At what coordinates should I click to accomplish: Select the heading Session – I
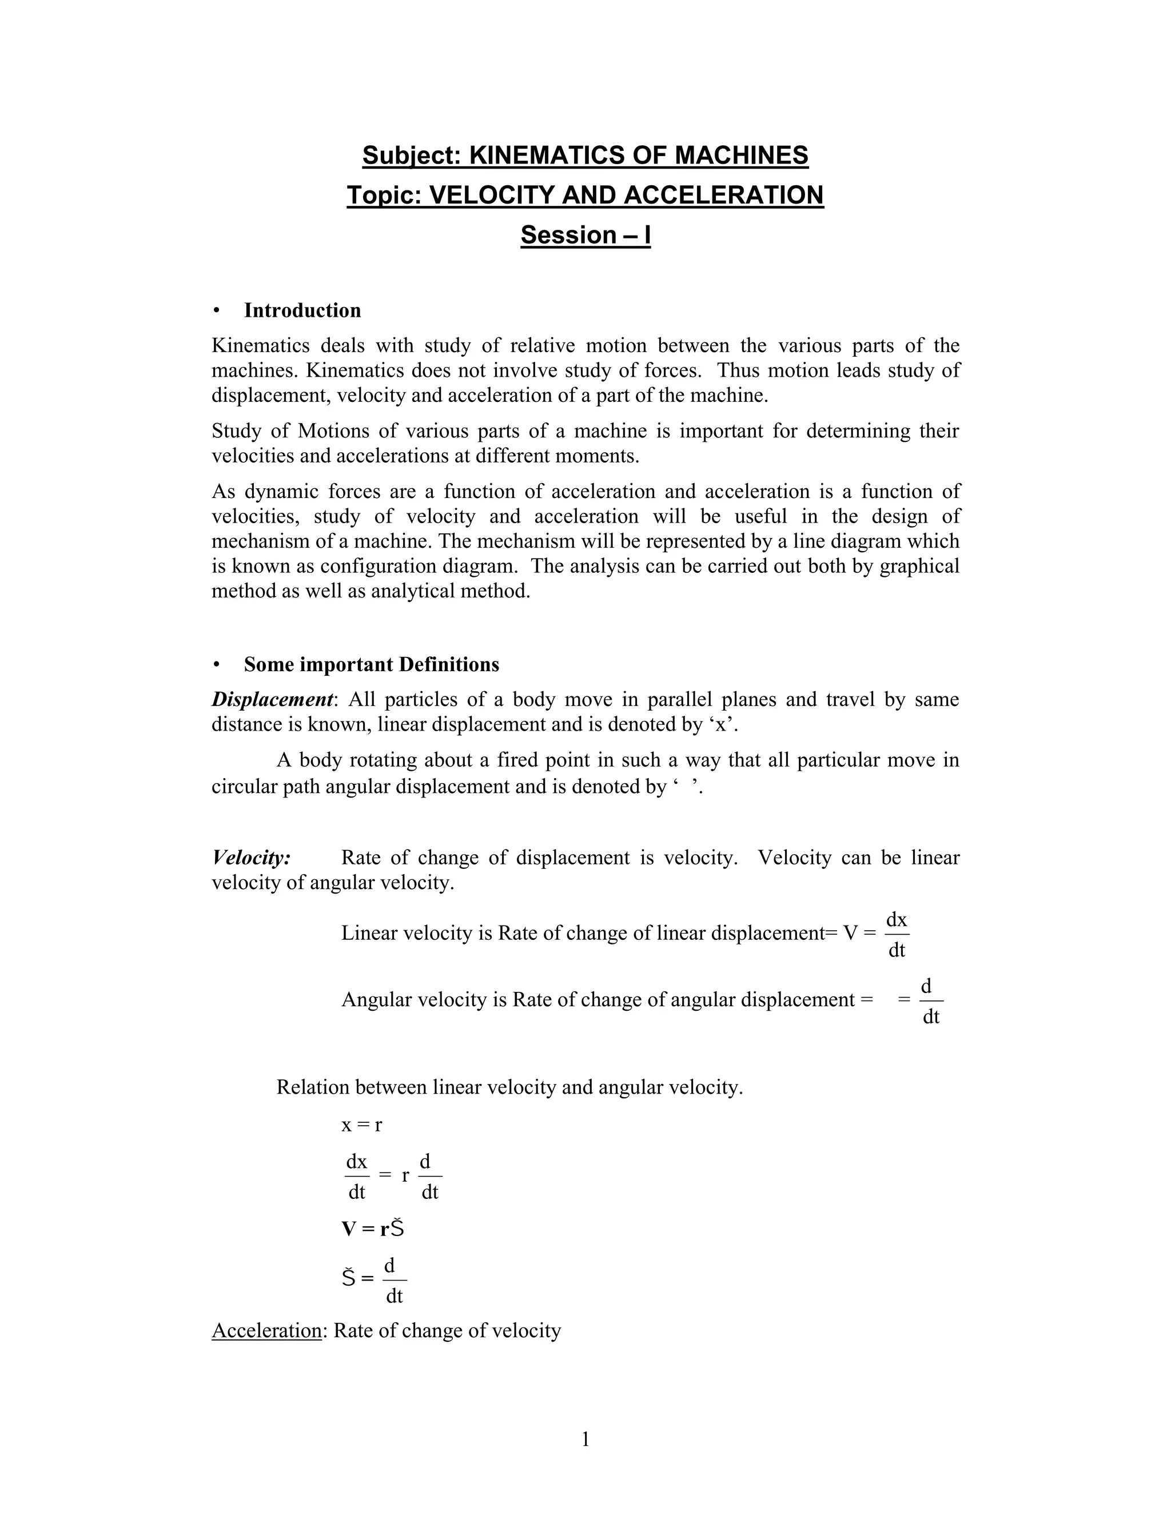(x=585, y=235)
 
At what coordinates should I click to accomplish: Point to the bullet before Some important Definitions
(x=217, y=664)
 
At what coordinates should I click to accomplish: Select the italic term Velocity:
(x=251, y=858)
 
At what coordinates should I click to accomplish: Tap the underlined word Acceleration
(x=266, y=1330)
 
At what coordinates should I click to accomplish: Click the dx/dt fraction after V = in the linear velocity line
(x=897, y=934)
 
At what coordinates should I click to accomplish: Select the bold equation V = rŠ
(x=373, y=1229)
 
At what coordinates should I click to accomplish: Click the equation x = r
(x=361, y=1125)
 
